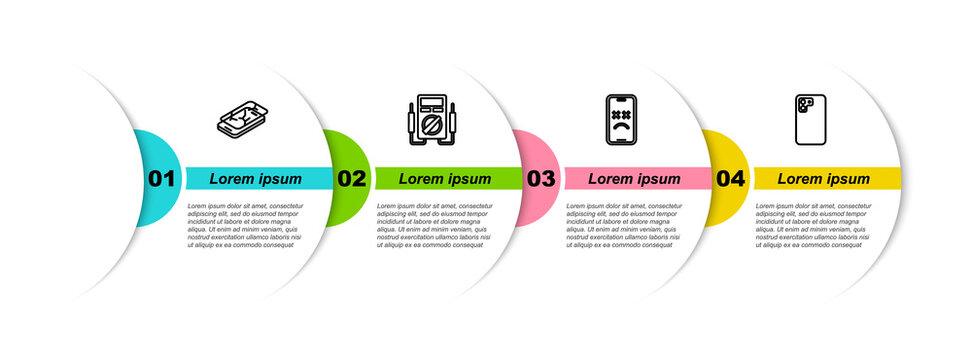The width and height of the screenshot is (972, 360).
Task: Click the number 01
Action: pyautogui.click(x=162, y=179)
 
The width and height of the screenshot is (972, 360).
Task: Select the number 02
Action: pyautogui.click(x=351, y=179)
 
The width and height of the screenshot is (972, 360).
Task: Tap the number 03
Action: pyautogui.click(x=541, y=179)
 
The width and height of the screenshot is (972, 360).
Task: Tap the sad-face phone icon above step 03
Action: pyautogui.click(x=622, y=121)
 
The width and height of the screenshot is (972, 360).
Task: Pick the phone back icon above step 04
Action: pyautogui.click(x=811, y=121)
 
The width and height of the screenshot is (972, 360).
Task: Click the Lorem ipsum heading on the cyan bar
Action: pyautogui.click(x=256, y=179)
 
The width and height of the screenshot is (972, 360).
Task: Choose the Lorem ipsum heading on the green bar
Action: pyautogui.click(x=445, y=179)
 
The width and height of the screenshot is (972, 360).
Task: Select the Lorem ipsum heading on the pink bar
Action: pyautogui.click(x=634, y=179)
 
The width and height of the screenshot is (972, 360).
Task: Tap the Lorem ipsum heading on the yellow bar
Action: pyautogui.click(x=824, y=179)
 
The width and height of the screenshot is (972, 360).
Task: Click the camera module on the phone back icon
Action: pyautogui.click(x=805, y=103)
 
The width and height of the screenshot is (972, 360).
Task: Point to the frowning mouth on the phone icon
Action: pyautogui.click(x=622, y=129)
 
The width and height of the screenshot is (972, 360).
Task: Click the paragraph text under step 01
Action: pyautogui.click(x=243, y=225)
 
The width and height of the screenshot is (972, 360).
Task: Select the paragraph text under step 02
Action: pyautogui.click(x=433, y=225)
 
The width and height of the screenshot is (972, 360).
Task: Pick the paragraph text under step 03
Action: pyautogui.click(x=622, y=225)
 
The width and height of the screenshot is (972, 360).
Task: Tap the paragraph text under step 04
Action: pyautogui.click(x=811, y=225)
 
